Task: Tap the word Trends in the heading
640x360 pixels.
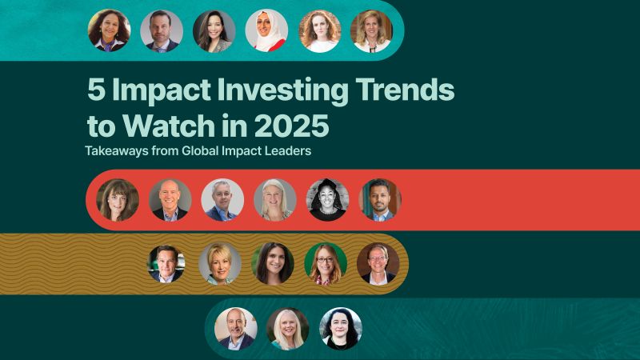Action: (405, 90)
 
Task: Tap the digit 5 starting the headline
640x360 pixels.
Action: (96, 90)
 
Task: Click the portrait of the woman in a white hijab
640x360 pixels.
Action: (266, 31)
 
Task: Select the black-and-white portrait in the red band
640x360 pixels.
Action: (328, 200)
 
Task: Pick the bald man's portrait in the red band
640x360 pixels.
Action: (170, 200)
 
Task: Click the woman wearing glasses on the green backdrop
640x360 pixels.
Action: (326, 264)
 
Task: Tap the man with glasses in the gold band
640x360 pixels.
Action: (378, 264)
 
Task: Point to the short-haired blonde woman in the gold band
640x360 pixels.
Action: (220, 264)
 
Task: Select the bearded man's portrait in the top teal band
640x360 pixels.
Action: (162, 31)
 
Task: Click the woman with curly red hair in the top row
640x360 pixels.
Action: (319, 31)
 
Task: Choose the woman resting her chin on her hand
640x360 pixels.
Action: (118, 200)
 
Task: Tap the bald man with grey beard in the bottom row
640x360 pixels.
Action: (236, 329)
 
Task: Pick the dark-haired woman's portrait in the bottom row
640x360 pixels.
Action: (341, 329)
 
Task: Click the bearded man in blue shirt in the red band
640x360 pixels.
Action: (380, 200)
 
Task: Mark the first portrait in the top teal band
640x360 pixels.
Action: (110, 31)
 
